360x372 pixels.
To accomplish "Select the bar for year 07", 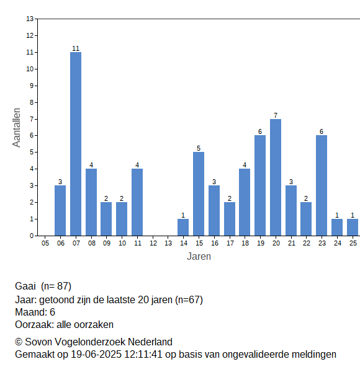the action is tap(76, 144).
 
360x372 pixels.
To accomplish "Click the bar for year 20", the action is tap(276, 177).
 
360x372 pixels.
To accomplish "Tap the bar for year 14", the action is tap(183, 228).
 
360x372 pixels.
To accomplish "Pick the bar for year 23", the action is tap(322, 185).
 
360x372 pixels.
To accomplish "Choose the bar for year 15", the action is tap(199, 194).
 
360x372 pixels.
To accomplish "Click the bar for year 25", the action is tap(353, 228).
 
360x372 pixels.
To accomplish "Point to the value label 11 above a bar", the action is tap(76, 48).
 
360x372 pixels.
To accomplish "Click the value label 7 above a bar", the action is tap(276, 115).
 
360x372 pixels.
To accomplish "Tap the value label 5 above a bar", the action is tap(199, 148).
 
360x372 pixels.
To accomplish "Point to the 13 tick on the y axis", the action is tap(30, 19).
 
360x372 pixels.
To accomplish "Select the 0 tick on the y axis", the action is tap(32, 236).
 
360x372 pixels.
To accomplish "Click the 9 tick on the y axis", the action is tap(32, 86).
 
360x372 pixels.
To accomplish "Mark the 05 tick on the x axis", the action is tap(45, 243).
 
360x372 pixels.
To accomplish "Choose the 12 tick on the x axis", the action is tap(153, 243).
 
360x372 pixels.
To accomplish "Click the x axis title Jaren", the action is tap(199, 257).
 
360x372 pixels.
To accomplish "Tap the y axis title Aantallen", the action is tap(16, 128).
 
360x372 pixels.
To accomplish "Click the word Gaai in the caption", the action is tap(25, 286).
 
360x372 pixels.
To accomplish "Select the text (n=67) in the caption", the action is tap(189, 300).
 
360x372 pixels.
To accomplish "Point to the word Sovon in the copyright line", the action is tap(39, 342).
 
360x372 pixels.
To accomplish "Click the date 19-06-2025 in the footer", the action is tap(96, 355).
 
